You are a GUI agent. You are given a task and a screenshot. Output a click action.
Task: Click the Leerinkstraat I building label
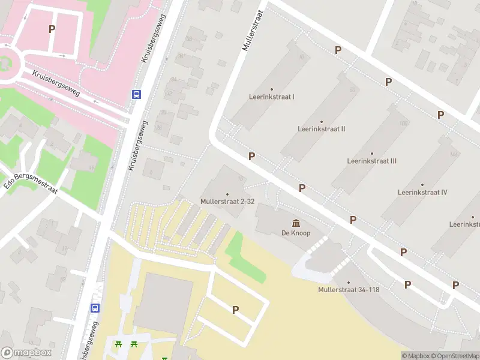point(272,97)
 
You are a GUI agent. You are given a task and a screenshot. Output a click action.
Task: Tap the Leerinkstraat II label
point(321,129)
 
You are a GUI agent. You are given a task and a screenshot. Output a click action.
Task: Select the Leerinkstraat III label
point(371,161)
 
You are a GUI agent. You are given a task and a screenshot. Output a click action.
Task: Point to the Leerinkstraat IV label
point(422,193)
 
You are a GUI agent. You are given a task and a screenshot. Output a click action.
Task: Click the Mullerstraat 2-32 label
point(227,202)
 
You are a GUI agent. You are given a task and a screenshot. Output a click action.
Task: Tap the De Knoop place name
point(296,233)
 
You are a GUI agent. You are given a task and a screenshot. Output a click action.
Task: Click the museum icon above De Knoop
point(296,223)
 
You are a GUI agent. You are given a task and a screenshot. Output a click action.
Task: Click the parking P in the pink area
point(52,29)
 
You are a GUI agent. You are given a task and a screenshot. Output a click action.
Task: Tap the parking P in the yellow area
point(235,310)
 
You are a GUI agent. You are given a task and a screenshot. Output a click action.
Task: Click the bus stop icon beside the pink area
point(137,94)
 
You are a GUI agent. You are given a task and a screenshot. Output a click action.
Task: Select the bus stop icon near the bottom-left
point(95,308)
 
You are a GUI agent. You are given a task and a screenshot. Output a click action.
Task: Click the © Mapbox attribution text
point(416,356)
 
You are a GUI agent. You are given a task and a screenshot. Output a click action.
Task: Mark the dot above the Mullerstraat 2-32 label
point(227,194)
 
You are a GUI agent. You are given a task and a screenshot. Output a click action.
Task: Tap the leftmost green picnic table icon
point(118,344)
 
